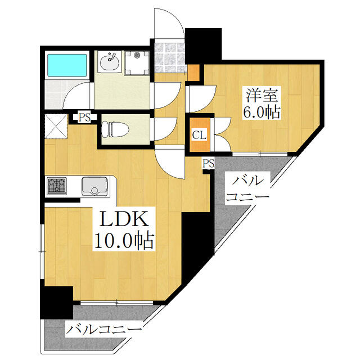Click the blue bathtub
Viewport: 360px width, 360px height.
67,65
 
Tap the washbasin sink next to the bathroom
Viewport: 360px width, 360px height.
110,61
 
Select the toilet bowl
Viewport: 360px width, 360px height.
115,129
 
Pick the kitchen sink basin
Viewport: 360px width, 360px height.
94,186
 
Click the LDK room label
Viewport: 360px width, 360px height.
123,219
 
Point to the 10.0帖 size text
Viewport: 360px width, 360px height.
124,241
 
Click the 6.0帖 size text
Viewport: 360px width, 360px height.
262,112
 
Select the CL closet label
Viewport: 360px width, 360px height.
199,135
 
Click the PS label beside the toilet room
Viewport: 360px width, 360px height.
84,118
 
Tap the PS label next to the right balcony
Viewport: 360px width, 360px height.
209,164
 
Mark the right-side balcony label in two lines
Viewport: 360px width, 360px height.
247,188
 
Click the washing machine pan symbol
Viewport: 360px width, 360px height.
137,62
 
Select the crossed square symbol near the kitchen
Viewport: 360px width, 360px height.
56,127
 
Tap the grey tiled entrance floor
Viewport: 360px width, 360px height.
170,57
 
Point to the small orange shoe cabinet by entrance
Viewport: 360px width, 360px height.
193,73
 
